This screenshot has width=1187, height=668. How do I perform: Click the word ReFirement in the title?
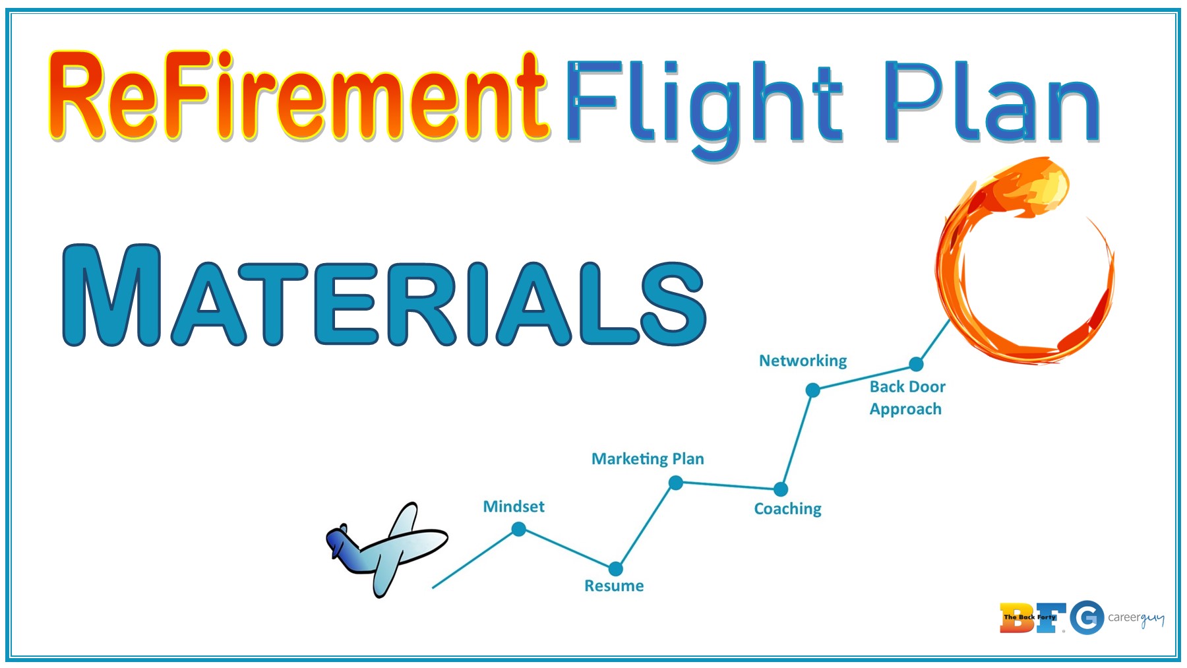click(x=298, y=98)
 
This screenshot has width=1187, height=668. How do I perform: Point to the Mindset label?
click(x=514, y=506)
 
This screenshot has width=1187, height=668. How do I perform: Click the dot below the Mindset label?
click(x=519, y=529)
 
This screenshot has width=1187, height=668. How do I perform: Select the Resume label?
click(x=614, y=586)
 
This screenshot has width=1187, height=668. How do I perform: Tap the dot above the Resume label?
click(x=615, y=568)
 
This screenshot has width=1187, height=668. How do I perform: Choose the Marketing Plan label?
click(x=648, y=459)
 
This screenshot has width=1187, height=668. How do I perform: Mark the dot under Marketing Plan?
click(x=676, y=483)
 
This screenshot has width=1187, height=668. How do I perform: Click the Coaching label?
click(x=788, y=509)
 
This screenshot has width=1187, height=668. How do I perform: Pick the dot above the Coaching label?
click(x=781, y=489)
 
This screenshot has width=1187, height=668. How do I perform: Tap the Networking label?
click(x=803, y=361)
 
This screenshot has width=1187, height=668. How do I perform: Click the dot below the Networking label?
click(x=813, y=390)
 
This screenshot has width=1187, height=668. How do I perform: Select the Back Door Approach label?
click(x=907, y=398)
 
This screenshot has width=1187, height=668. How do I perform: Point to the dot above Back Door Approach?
click(x=916, y=364)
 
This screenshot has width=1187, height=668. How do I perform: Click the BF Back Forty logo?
click(x=1032, y=618)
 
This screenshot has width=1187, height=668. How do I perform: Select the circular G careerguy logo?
click(x=1087, y=618)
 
